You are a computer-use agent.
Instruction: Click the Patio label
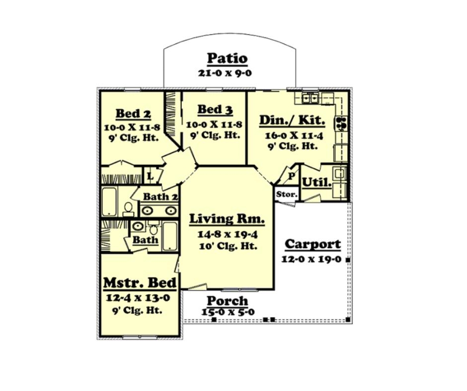[x=227, y=59]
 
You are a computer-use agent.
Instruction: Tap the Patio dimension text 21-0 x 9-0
[x=225, y=73]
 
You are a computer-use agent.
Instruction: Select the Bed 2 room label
[x=133, y=114]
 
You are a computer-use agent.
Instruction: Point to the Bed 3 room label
[x=215, y=109]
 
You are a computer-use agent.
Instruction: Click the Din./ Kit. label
[x=292, y=120]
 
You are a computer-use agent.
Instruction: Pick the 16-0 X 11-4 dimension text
[x=294, y=135]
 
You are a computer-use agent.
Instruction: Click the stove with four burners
[x=341, y=124]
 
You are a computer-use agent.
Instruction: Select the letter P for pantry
[x=292, y=176]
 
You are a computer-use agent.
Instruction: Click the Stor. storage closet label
[x=287, y=195]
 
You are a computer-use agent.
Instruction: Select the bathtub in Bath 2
[x=109, y=201]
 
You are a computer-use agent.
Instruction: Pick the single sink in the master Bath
[x=137, y=226]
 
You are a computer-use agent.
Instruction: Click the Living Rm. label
[x=227, y=219]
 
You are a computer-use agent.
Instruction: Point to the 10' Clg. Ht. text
[x=228, y=246]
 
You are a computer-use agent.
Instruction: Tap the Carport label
[x=312, y=244]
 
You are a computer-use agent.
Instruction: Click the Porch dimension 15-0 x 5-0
[x=228, y=312]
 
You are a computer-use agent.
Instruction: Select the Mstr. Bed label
[x=140, y=283]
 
